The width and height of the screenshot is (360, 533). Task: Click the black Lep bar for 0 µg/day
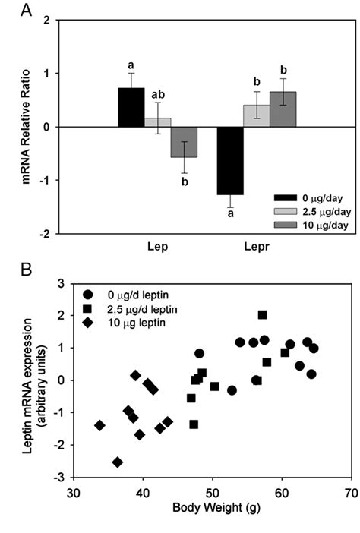tap(131, 107)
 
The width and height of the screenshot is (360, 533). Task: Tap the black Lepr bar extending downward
tap(230, 160)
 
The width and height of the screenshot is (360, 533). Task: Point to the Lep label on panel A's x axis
tap(157, 225)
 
